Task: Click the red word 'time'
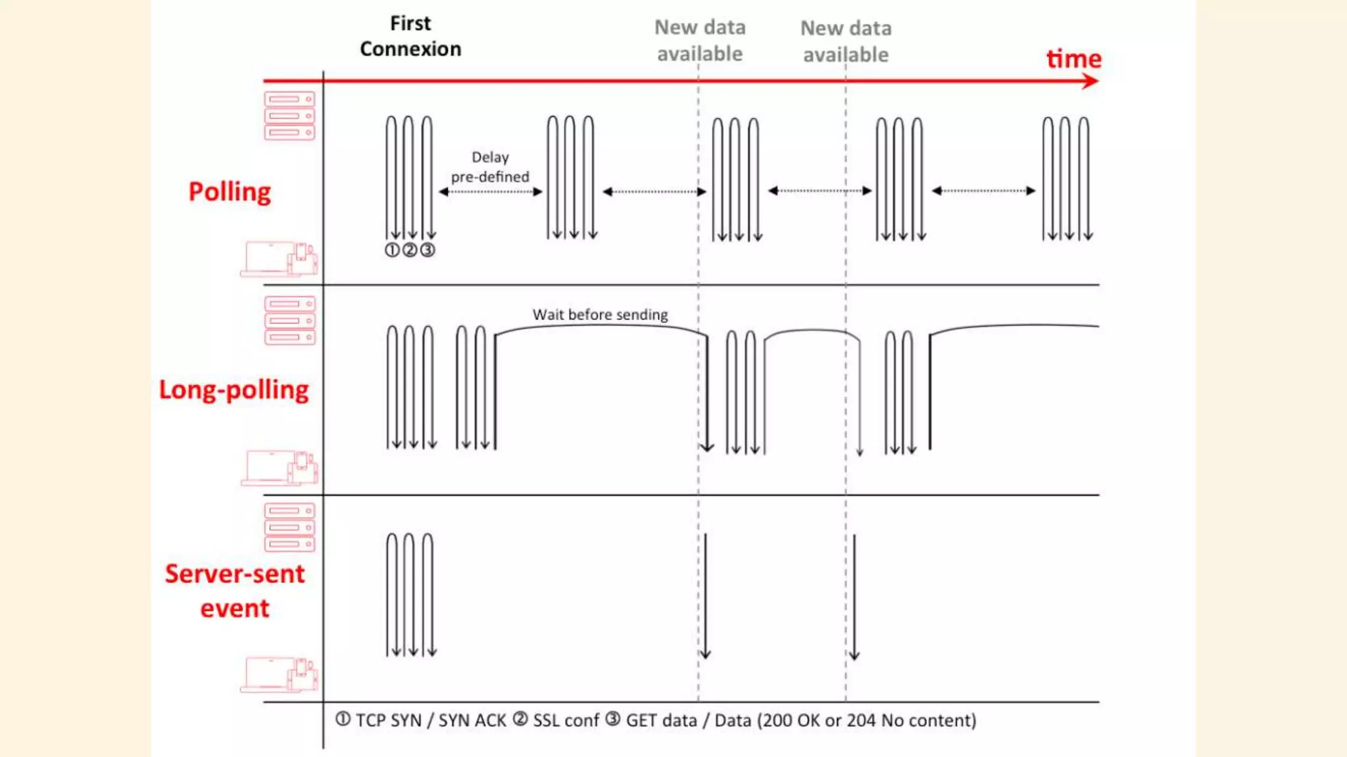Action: pyautogui.click(x=1073, y=58)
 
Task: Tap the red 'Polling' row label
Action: pyautogui.click(x=230, y=192)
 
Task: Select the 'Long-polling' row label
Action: pyautogui.click(x=233, y=390)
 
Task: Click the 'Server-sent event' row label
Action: pyautogui.click(x=235, y=591)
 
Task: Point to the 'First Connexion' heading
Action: pyautogui.click(x=410, y=36)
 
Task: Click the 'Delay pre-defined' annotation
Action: pyautogui.click(x=490, y=167)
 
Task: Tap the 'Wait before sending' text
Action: pyautogui.click(x=600, y=315)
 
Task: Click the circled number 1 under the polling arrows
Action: pyautogui.click(x=392, y=250)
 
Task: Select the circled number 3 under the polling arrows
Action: pyautogui.click(x=428, y=250)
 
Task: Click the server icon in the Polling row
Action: pyautogui.click(x=289, y=116)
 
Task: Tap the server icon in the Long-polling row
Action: pyautogui.click(x=289, y=321)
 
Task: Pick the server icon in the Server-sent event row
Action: pyautogui.click(x=289, y=527)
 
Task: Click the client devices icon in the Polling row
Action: pyautogui.click(x=279, y=259)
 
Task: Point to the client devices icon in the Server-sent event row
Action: pyautogui.click(x=279, y=674)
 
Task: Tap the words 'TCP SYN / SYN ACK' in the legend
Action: pyautogui.click(x=431, y=721)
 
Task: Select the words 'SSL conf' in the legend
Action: pyautogui.click(x=566, y=721)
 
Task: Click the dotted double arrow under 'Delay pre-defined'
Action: pyautogui.click(x=490, y=192)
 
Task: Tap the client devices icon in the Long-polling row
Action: pyautogui.click(x=279, y=467)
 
